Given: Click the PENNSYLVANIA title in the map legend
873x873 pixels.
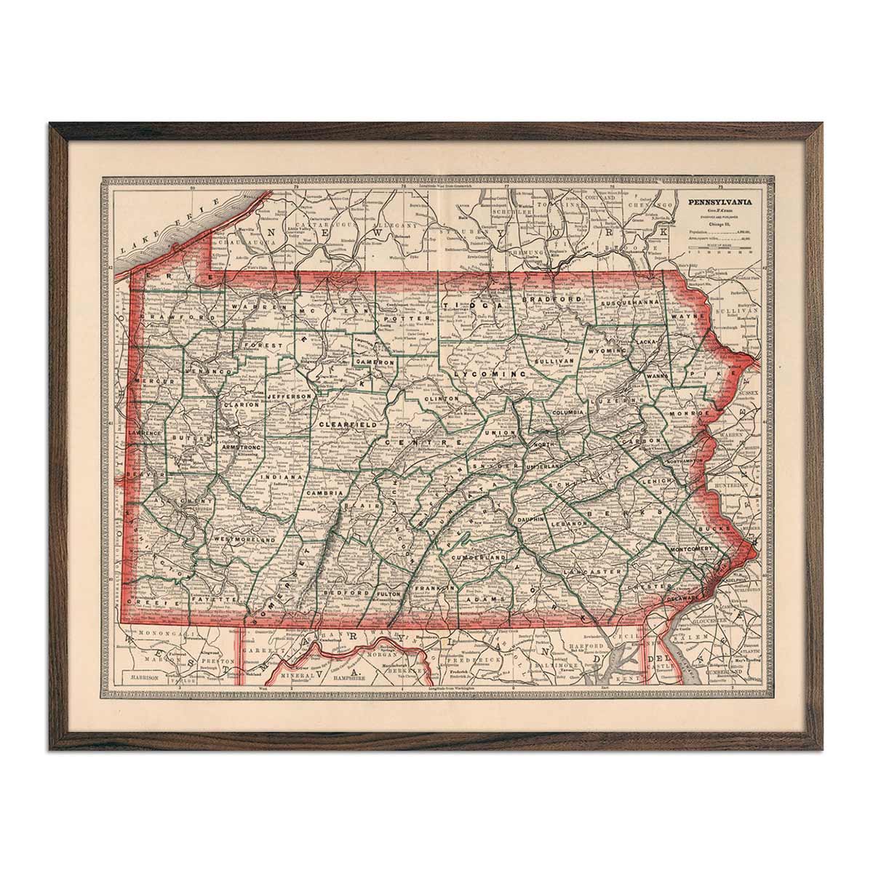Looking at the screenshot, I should (720, 205).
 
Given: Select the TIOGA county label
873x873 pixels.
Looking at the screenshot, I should (463, 306).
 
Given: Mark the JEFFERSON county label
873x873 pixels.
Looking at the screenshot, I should (291, 396).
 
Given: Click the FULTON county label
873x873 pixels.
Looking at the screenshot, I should (390, 594).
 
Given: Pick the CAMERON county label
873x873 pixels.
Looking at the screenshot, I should (375, 362).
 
